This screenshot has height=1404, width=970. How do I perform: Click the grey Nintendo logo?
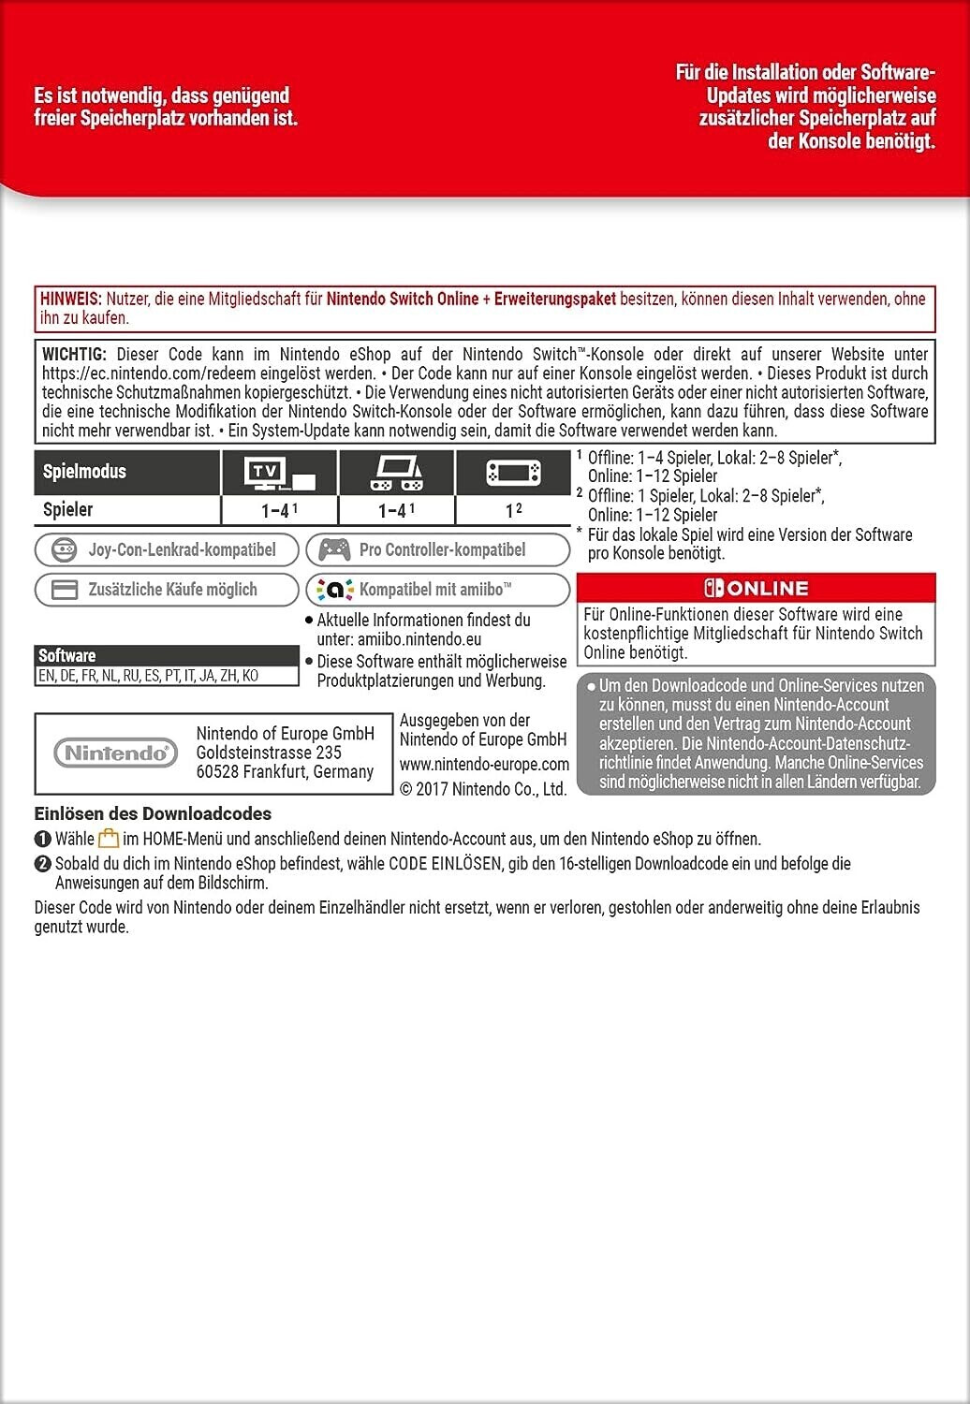point(115,753)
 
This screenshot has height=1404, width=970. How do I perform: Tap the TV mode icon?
point(278,474)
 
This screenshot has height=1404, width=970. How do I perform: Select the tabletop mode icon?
point(396,474)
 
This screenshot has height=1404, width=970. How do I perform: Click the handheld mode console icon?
point(513,473)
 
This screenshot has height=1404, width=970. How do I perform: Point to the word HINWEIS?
point(70,299)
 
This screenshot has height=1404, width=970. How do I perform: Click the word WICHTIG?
point(74,355)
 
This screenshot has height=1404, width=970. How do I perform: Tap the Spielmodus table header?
point(84,471)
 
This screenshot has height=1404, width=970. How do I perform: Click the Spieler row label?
point(67,509)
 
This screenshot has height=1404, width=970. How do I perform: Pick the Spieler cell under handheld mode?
point(513,510)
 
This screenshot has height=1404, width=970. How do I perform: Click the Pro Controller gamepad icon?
point(334,549)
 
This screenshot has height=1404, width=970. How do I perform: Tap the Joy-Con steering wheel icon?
point(64,549)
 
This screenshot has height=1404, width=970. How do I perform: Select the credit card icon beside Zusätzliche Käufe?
point(64,590)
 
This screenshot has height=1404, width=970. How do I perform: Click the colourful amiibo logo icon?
point(335,590)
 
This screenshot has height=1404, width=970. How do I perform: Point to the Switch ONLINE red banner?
point(756,588)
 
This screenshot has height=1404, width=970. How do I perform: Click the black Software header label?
point(67,655)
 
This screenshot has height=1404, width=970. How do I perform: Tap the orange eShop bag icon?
point(109,839)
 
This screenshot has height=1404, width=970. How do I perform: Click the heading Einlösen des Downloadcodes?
point(153,813)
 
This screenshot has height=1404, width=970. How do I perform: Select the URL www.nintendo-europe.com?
point(484,764)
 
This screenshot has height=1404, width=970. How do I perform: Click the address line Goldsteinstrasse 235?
point(269,753)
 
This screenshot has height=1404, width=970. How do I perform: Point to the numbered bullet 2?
point(42,864)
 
